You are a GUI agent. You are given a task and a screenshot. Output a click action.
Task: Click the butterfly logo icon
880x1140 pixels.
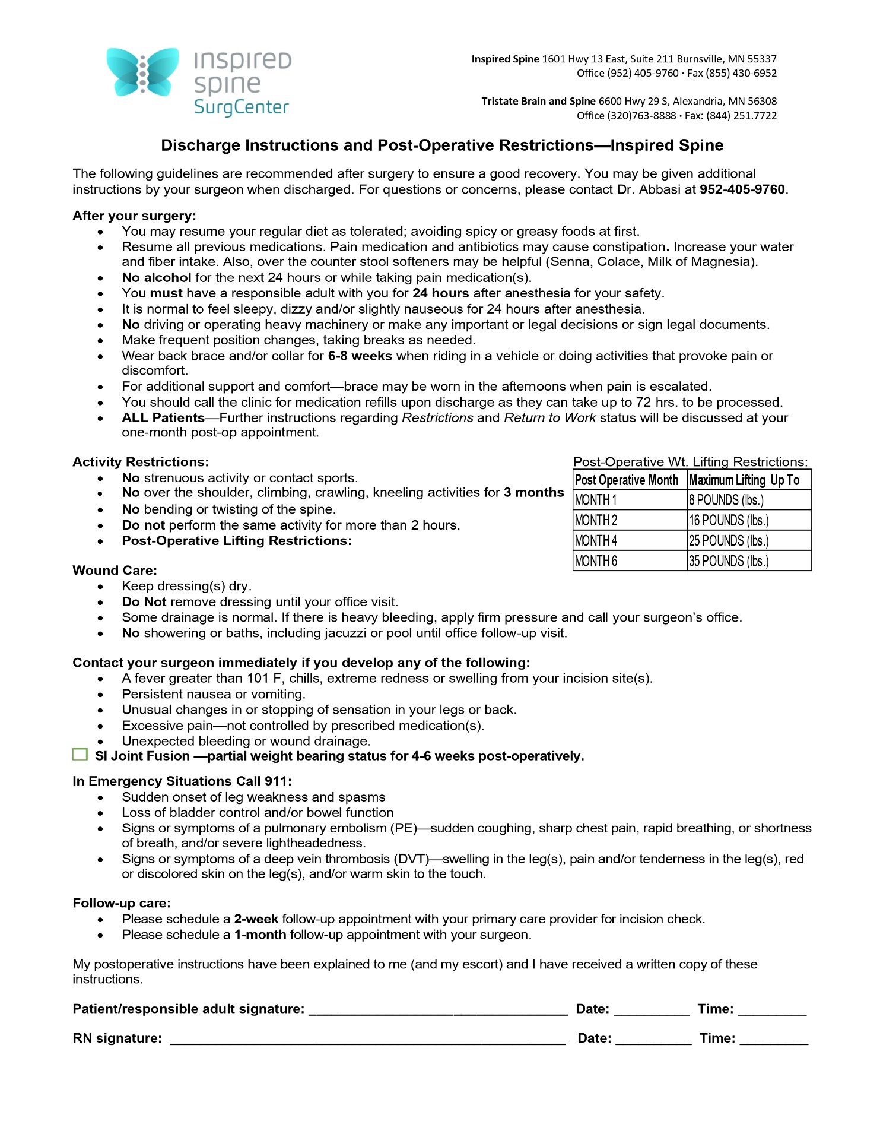pos(142,72)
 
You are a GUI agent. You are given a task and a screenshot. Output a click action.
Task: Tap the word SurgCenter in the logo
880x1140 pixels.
pos(241,107)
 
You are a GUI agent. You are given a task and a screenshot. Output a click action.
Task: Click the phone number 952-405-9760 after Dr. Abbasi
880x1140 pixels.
pos(742,189)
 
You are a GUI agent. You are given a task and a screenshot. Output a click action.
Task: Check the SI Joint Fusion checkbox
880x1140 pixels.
pos(80,755)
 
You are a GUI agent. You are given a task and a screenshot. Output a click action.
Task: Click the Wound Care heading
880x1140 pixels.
pos(115,571)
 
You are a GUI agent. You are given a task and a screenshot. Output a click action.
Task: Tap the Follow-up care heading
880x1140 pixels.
pos(121,903)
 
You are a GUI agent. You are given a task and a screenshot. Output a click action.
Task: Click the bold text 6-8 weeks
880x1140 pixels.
pos(360,356)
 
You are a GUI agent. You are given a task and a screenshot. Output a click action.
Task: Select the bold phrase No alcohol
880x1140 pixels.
pos(156,277)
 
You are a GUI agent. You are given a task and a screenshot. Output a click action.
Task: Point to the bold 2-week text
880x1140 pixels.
pos(256,919)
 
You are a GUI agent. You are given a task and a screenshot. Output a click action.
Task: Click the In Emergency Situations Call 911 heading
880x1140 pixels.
pos(182,781)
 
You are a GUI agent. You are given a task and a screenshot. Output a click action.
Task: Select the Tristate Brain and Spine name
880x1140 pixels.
pos(538,102)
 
